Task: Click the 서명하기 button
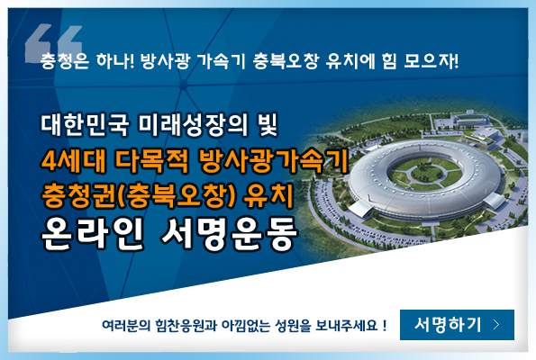click(457, 325)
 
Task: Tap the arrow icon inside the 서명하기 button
click(496, 325)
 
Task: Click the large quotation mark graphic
click(54, 43)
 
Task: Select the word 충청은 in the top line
click(65, 61)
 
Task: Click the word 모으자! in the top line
click(432, 61)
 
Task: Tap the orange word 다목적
click(151, 160)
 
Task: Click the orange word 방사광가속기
click(273, 160)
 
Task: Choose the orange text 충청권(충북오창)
click(139, 195)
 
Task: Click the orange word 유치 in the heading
click(269, 195)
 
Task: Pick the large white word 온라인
click(92, 234)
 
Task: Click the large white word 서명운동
click(229, 234)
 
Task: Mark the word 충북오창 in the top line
click(286, 61)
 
